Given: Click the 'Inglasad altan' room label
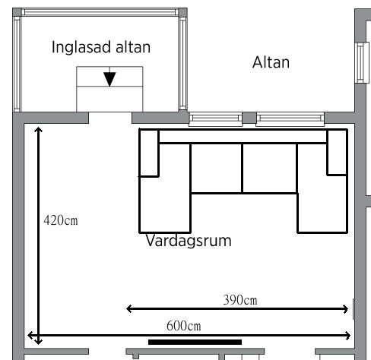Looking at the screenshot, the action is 101,47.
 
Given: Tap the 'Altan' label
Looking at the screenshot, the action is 271,62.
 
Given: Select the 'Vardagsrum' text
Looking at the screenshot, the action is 189,241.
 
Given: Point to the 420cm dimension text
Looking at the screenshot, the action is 61,220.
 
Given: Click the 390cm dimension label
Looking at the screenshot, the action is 240,300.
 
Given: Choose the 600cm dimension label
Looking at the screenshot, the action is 184,326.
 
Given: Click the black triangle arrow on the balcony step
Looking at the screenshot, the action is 109,79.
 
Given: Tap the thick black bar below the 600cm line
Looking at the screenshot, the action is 195,342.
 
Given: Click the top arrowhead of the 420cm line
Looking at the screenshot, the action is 38,130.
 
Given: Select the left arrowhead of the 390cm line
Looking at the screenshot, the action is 128,309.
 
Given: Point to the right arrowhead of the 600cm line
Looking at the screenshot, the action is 347,336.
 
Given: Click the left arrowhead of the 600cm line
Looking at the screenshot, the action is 30,336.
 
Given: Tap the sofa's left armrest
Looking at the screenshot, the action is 149,153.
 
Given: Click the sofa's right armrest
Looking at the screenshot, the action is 337,152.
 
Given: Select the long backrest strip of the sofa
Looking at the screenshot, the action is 243,137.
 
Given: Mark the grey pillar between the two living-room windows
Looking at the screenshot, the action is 249,118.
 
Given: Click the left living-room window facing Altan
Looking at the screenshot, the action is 216,118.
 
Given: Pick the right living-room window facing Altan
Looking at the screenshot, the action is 290,118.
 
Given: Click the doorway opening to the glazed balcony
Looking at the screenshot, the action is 110,118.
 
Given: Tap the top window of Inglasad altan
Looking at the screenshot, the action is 100,12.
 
